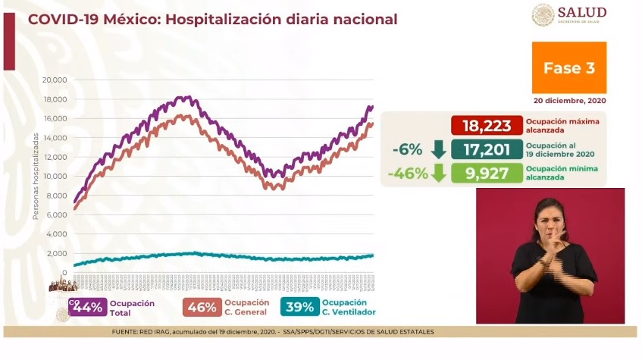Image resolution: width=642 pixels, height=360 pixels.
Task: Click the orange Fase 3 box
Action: [568, 68]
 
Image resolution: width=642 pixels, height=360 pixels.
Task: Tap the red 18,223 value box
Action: [487, 125]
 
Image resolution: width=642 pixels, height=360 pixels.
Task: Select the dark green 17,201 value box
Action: [487, 149]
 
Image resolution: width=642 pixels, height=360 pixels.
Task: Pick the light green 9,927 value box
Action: [487, 173]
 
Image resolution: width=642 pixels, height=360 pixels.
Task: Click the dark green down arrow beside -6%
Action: [438, 149]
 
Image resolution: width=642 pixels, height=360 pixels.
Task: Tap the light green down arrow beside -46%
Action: [438, 174]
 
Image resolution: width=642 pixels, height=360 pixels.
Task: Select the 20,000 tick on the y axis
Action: [56, 80]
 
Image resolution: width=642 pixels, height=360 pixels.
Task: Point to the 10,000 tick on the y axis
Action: [56, 177]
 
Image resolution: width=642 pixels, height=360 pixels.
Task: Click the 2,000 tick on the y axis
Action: [58, 254]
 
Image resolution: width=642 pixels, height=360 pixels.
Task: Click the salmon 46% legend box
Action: [200, 307]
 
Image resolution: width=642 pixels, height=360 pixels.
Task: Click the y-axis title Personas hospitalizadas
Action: [36, 176]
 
